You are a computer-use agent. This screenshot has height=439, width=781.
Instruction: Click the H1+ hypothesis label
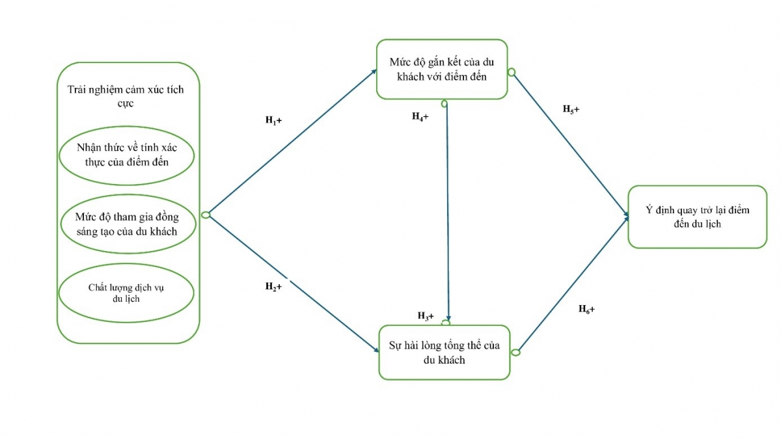(273, 120)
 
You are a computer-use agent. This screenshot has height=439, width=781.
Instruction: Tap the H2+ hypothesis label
(273, 287)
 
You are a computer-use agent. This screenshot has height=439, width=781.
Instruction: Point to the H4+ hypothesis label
(420, 116)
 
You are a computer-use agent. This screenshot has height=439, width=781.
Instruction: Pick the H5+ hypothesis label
(571, 109)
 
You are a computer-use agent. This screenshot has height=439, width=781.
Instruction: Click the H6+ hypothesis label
(586, 309)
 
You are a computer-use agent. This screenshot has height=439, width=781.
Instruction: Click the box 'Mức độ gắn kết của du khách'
(443, 70)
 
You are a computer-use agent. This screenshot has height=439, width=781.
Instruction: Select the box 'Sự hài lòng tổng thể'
(445, 352)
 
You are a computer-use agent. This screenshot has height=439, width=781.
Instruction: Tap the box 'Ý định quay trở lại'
(697, 217)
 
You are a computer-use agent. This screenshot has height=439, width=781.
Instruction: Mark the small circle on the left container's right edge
(206, 215)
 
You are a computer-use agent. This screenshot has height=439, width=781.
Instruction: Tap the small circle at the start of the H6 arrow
(515, 353)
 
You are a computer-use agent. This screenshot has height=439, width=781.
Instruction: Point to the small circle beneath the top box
(445, 103)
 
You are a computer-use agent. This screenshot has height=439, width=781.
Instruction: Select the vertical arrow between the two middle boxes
(447, 208)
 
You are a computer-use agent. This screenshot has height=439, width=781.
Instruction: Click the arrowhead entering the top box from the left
(372, 70)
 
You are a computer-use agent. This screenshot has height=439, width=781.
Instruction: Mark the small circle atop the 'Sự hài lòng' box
(446, 322)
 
